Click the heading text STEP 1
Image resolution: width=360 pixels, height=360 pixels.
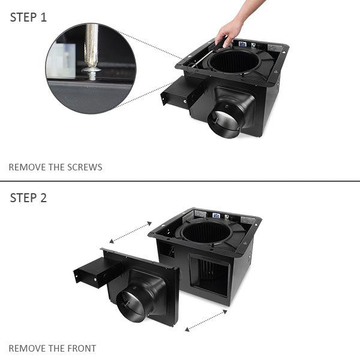pos(28,17)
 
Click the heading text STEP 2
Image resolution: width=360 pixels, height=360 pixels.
pos(28,198)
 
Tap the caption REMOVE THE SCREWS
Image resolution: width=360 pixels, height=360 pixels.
pos(55,167)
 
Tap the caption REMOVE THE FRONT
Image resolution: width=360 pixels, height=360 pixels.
pos(52,348)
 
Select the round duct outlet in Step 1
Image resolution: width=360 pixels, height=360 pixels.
pos(223,122)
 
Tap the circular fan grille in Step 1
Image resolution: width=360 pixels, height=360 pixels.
pos(235,61)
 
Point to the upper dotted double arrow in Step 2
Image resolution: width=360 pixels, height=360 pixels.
pos(130,232)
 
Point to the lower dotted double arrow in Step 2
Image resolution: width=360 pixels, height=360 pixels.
pos(206,320)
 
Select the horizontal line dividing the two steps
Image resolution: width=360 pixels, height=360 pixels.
pos(180,181)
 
